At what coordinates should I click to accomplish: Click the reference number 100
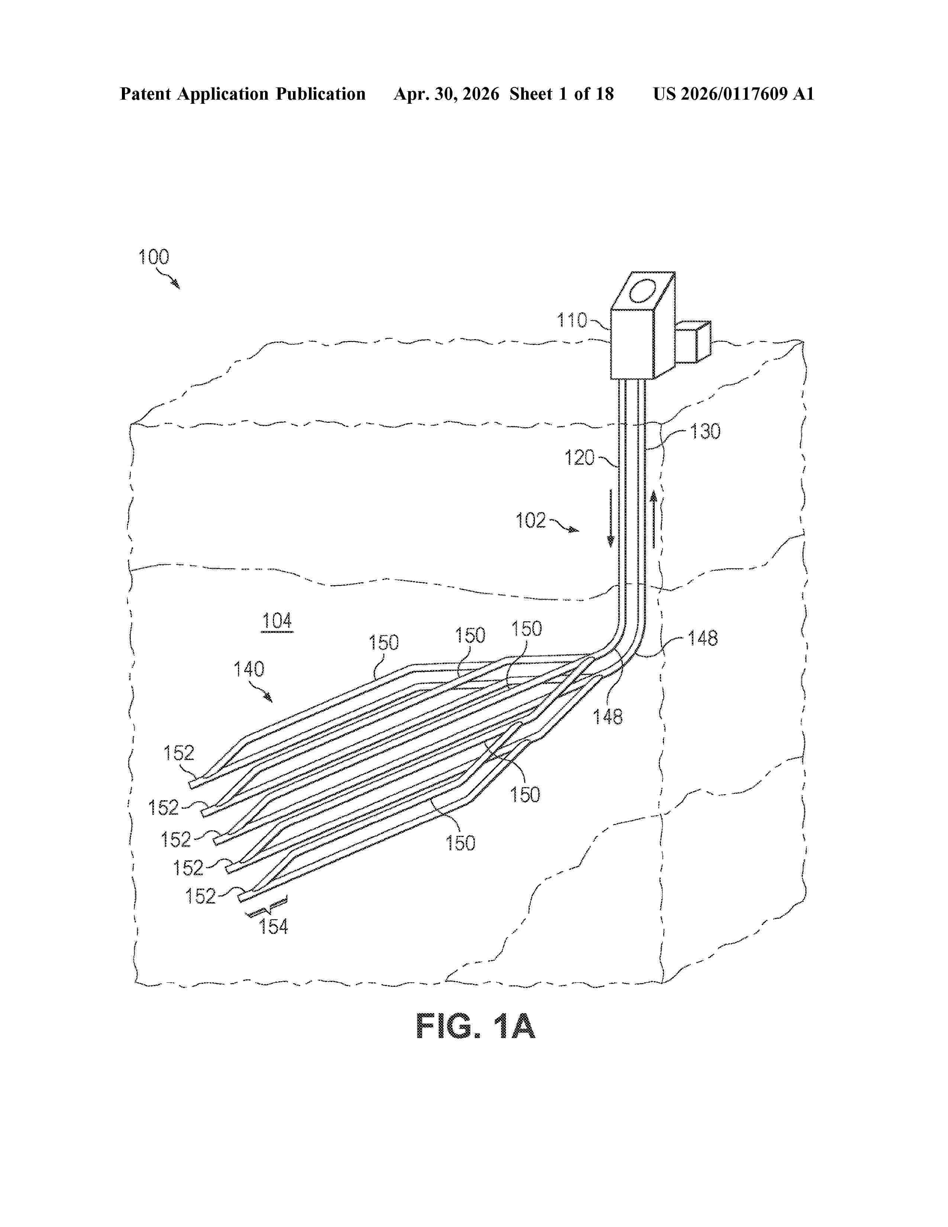153,257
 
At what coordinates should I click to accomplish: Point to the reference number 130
705,431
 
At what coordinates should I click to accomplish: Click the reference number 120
579,458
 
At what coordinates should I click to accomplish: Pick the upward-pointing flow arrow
654,519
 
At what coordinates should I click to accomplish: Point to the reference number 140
249,669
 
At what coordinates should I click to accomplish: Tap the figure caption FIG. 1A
475,1027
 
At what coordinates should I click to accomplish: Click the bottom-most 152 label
200,896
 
